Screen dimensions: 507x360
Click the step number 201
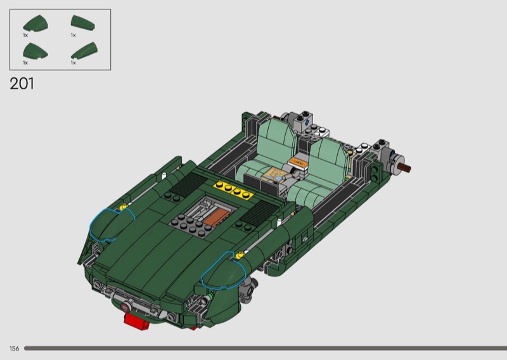(x=22, y=84)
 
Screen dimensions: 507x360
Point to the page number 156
(x=14, y=349)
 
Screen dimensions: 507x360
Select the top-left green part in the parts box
(x=35, y=23)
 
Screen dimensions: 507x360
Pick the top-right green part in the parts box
(x=83, y=23)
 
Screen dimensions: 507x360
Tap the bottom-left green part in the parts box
(x=35, y=51)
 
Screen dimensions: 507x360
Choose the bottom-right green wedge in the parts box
(x=84, y=51)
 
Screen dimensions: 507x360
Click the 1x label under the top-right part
(x=74, y=35)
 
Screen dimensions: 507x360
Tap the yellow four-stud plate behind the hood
(x=233, y=189)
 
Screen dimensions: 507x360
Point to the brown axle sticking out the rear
(x=405, y=167)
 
